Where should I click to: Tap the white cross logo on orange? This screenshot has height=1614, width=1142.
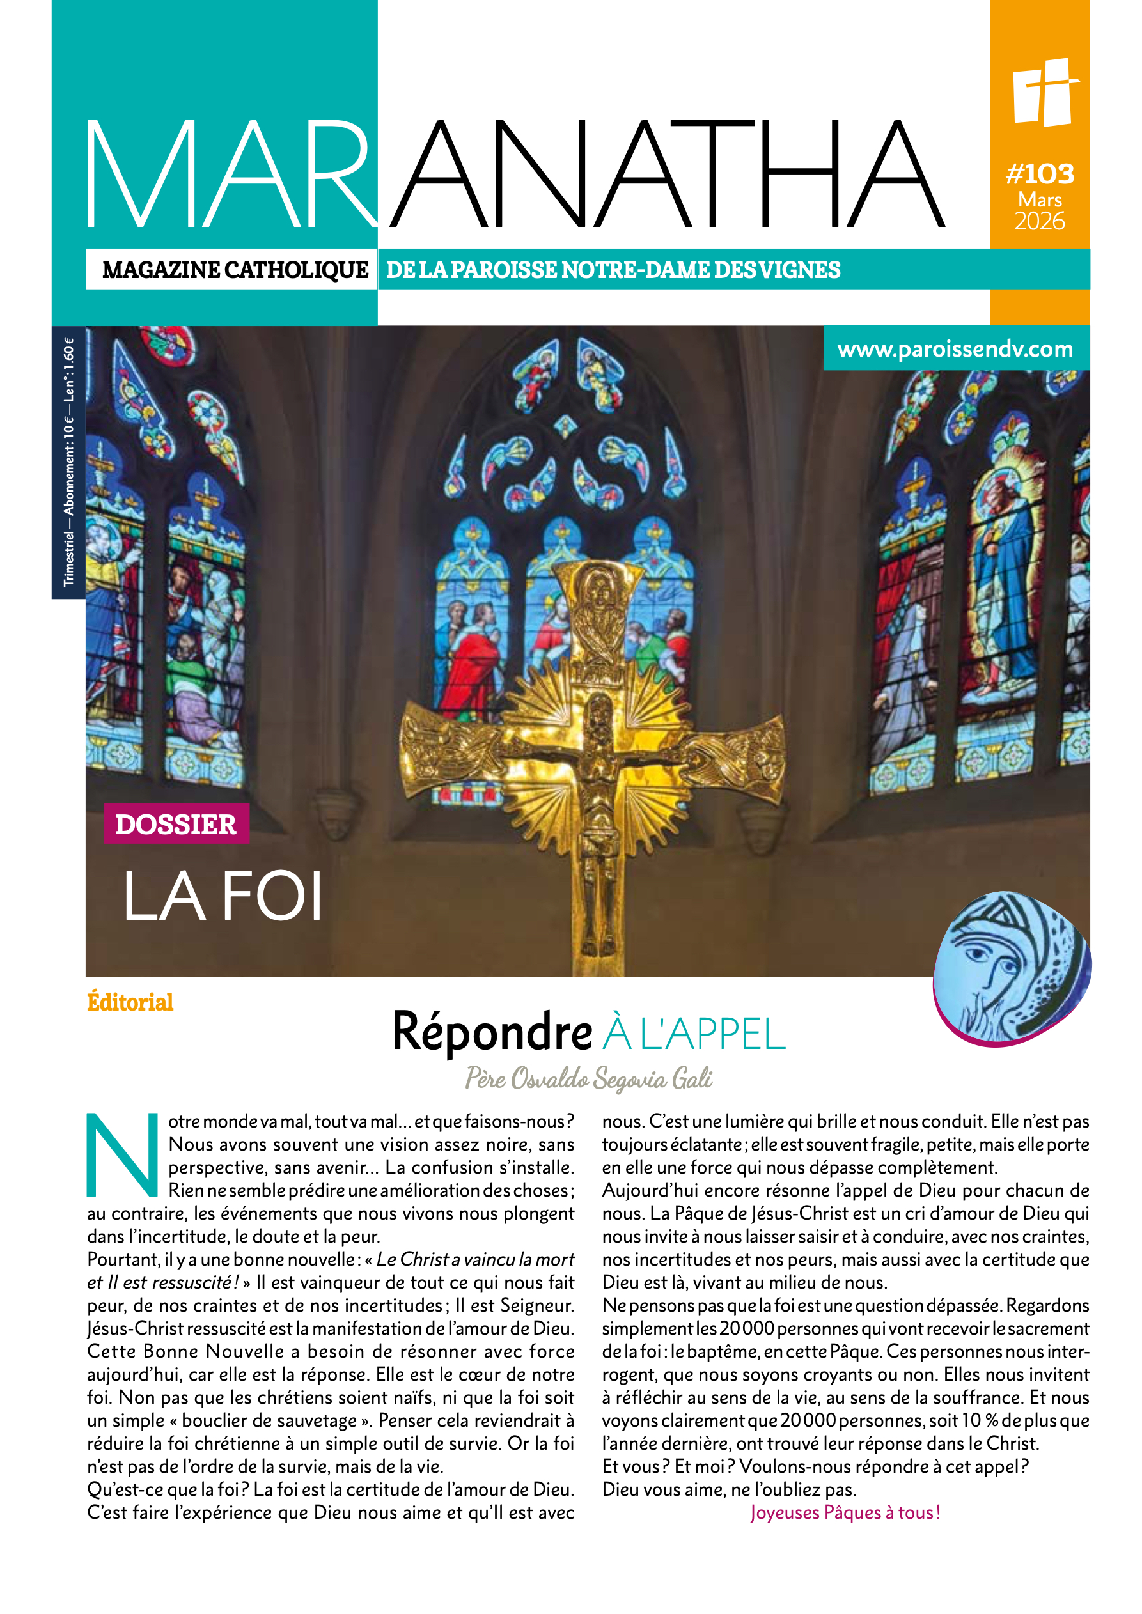click(1044, 92)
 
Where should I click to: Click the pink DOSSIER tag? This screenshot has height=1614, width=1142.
click(176, 824)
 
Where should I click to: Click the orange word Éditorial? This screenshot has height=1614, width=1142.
click(130, 1002)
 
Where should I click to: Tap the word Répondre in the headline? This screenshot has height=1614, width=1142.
click(492, 1032)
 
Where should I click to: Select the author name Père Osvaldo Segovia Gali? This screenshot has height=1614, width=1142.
click(588, 1078)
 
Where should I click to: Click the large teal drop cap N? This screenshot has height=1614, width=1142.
click(121, 1154)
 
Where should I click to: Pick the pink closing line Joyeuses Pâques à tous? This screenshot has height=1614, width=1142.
click(845, 1512)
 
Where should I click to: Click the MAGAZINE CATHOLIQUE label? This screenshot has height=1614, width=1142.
click(235, 270)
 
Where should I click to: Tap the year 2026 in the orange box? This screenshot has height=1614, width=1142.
click(1039, 221)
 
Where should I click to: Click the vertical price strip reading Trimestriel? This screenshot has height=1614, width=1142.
click(68, 462)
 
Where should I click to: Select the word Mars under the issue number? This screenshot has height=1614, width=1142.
click(1040, 199)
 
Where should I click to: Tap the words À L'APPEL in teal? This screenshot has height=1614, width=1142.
click(693, 1034)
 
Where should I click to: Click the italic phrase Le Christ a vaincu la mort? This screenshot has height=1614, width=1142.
click(475, 1259)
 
